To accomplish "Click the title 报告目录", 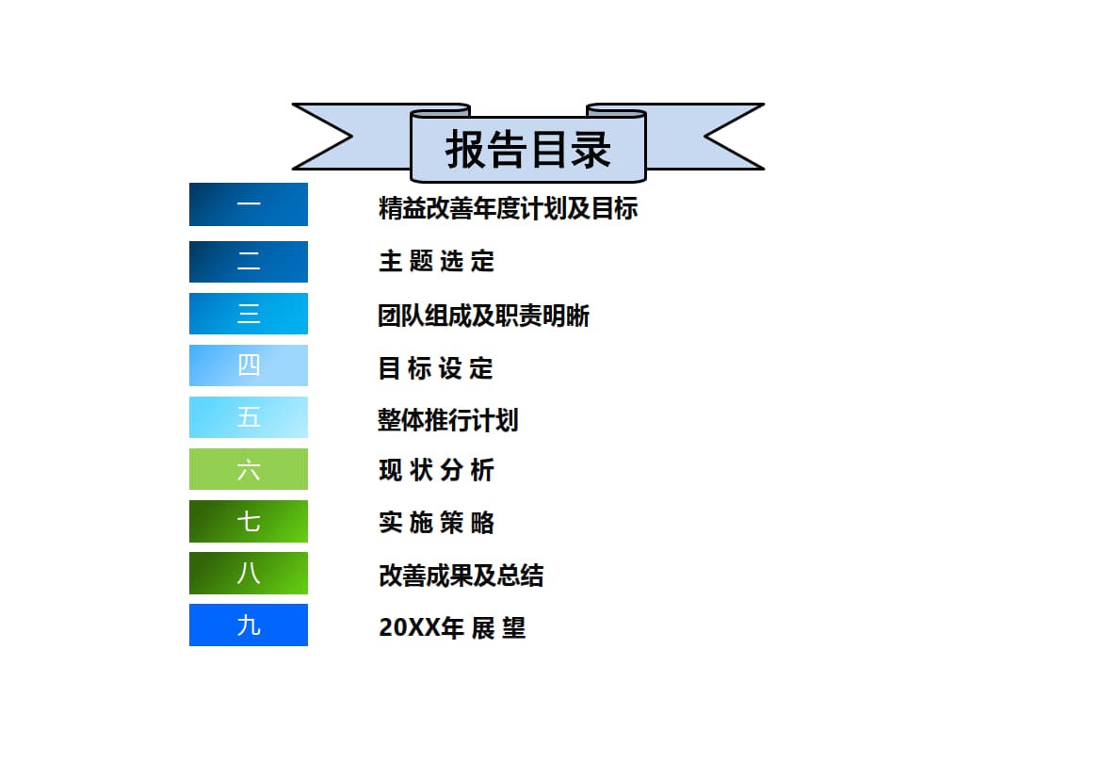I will click(x=528, y=149).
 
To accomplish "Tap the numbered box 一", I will click(x=249, y=204).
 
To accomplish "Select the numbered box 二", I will click(x=249, y=262).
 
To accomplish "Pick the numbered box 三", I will click(x=249, y=314).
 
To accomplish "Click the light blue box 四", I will click(x=249, y=365).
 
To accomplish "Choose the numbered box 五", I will click(x=249, y=417).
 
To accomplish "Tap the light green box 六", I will click(x=249, y=469).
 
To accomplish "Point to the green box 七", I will click(x=249, y=521).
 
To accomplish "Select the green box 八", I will click(x=249, y=573).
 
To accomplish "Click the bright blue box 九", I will click(x=249, y=625).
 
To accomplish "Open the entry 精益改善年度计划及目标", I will click(x=508, y=208).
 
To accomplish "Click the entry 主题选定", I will click(x=436, y=261).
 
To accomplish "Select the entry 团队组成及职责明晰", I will click(x=483, y=316).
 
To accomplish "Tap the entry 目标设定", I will click(x=436, y=368).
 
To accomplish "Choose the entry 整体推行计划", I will click(x=447, y=419).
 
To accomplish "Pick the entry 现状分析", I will click(x=436, y=471).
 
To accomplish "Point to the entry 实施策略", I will click(x=436, y=523).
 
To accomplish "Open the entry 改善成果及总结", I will click(x=461, y=576).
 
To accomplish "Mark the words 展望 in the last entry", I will click(x=498, y=627).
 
